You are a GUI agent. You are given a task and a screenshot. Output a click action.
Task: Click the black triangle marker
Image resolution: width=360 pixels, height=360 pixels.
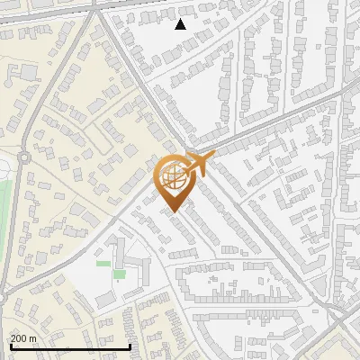(180, 24)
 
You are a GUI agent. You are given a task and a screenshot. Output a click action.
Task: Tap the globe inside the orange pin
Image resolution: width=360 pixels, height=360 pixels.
(174, 177)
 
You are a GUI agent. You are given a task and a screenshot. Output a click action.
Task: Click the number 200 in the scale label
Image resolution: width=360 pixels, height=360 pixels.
(20, 338)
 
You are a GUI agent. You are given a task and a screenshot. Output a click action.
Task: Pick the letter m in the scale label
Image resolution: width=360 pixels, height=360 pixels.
(34, 338)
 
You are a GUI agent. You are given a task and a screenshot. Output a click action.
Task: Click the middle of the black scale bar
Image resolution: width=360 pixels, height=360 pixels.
(70, 346)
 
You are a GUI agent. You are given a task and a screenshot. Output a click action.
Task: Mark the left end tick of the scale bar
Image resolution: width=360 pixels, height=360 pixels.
(10, 346)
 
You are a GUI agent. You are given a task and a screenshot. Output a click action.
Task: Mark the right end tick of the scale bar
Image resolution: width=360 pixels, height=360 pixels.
(130, 346)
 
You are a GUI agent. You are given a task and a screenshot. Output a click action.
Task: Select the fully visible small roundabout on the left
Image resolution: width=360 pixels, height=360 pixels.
(24, 156)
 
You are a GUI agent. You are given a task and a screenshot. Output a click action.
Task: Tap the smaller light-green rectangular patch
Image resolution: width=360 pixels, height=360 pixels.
(103, 264)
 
